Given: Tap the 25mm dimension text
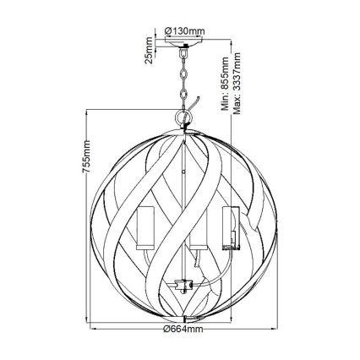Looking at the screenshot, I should [x=149, y=53].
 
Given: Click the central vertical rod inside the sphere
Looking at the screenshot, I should [x=182, y=194].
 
